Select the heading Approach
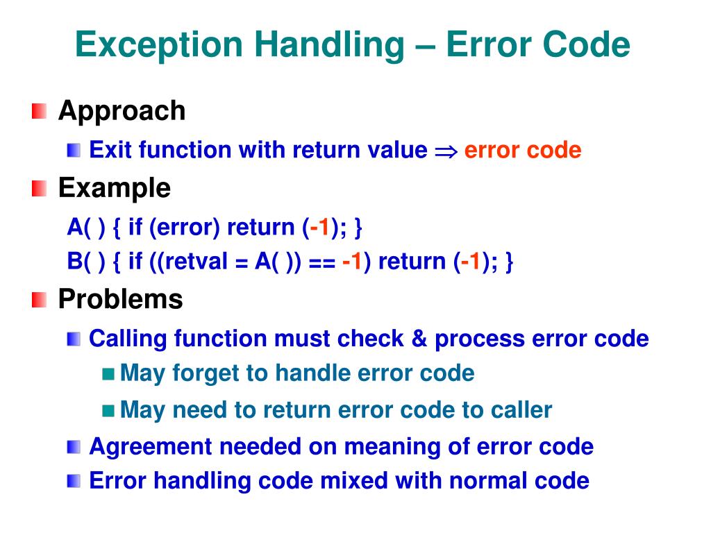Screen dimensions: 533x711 pos(122,110)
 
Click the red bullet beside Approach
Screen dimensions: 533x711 pos(40,110)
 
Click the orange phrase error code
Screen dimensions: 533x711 pos(522,150)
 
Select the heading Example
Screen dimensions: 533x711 pos(114,187)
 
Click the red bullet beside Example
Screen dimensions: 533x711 pos(40,187)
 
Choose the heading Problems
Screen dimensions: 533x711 pos(120,299)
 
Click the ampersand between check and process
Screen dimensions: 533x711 pos(419,339)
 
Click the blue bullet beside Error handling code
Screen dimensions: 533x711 pos(74,480)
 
